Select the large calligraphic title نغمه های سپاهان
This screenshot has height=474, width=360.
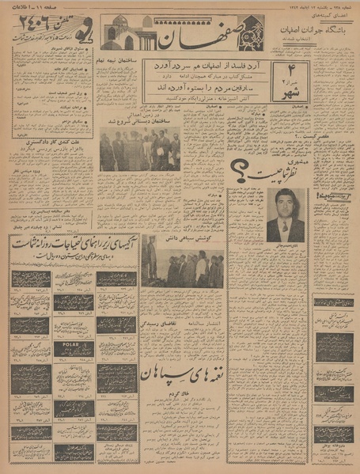click(181, 373)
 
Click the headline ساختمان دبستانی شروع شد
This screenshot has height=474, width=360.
click(141, 124)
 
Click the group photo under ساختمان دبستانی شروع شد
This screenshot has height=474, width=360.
click(140, 152)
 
